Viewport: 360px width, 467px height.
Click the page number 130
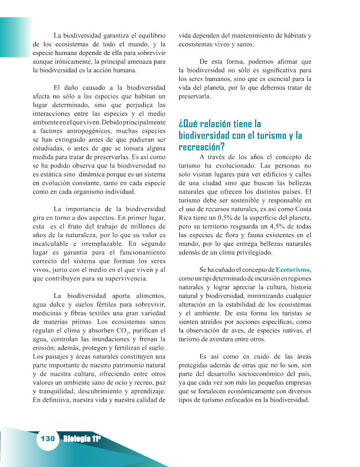[48, 439]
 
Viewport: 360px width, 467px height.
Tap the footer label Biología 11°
[82, 439]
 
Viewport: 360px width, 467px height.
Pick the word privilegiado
[273, 252]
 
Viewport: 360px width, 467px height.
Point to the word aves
[240, 331]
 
